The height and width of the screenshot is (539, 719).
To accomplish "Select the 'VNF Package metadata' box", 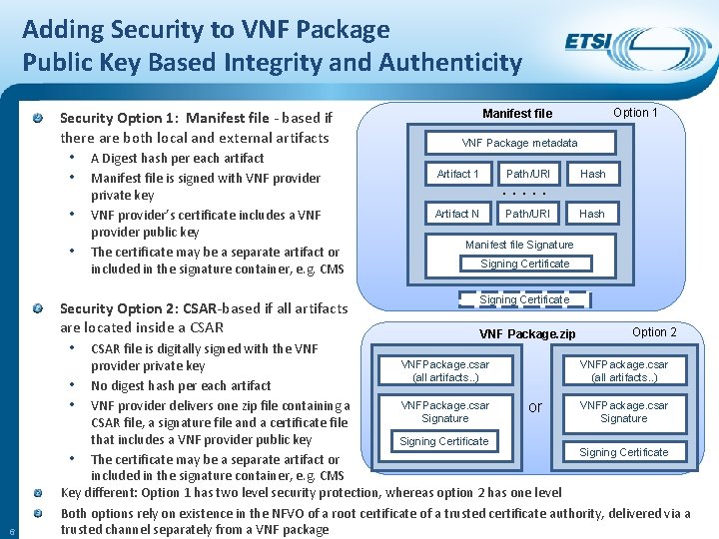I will [519, 143].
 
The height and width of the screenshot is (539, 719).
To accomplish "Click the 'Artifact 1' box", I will [457, 174].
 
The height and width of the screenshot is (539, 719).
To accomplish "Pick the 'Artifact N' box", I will [457, 214].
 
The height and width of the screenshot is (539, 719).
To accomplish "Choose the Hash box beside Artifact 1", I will [593, 174].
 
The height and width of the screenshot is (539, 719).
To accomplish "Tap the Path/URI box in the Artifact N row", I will [527, 214].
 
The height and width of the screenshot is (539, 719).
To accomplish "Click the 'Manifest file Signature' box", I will [519, 245].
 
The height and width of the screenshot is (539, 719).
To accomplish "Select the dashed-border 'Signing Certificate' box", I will [524, 299].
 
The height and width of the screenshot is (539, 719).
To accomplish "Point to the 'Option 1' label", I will [635, 113].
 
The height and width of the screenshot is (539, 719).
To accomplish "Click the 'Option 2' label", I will [654, 332].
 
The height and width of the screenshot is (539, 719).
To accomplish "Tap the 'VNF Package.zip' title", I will [527, 333].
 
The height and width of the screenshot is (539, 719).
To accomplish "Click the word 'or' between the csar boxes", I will [535, 407].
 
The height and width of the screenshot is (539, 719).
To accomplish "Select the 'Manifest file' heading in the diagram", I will [517, 114].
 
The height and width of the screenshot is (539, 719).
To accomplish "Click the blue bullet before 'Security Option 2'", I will [37, 309].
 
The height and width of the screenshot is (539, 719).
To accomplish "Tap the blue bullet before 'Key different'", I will [37, 493].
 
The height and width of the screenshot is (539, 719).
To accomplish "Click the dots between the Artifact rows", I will [523, 194].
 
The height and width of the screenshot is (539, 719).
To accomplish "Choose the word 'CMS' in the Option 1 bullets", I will [332, 269].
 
